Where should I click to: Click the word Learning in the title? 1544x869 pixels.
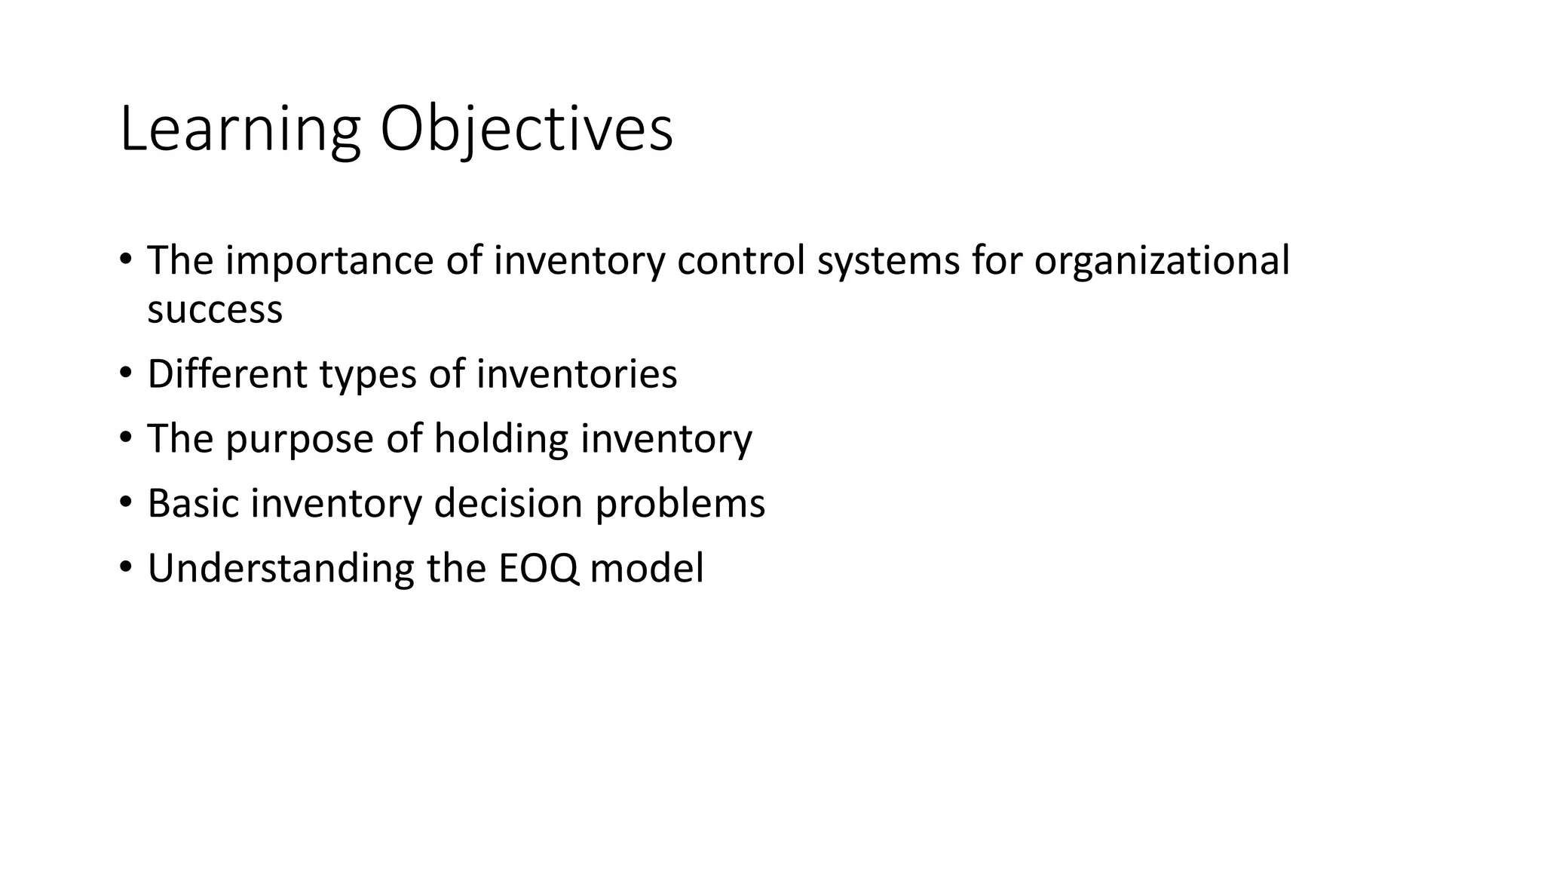point(240,130)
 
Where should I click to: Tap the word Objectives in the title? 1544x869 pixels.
point(525,130)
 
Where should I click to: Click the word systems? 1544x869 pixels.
point(888,263)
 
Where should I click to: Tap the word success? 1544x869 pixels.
point(215,310)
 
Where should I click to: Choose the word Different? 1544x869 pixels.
point(228,374)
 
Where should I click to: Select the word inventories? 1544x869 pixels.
point(577,374)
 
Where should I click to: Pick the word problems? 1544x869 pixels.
point(680,505)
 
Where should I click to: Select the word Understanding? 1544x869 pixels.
point(280,569)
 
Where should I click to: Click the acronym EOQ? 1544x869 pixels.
point(538,569)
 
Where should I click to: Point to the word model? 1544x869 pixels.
point(647,568)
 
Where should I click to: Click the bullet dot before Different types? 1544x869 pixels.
point(125,372)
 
